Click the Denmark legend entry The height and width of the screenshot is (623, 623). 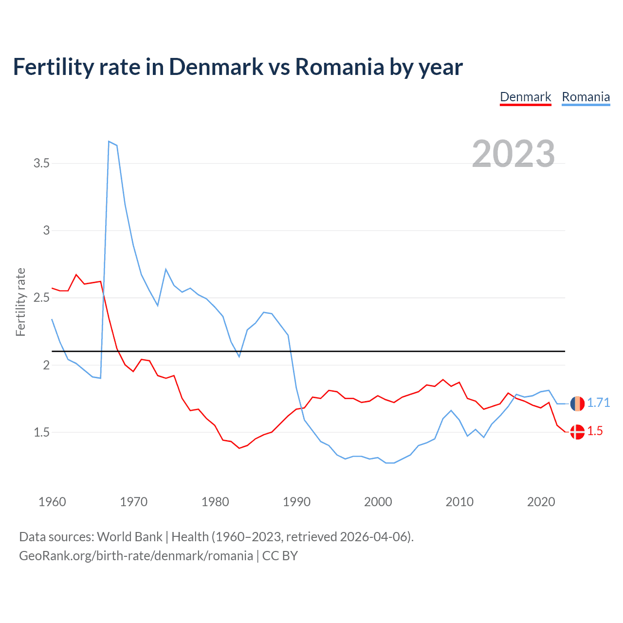526,97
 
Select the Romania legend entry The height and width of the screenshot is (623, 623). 586,97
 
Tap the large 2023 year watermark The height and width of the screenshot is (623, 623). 513,154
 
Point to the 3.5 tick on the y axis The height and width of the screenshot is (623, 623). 42,164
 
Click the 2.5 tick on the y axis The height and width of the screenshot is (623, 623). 42,298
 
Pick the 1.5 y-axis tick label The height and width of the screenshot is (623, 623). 42,432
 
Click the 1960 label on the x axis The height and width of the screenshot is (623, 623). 52,502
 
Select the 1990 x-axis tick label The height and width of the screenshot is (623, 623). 296,502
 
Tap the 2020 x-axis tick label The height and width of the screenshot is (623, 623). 541,502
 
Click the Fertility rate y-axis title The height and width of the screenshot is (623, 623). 20,302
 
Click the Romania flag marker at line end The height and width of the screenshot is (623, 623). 577,403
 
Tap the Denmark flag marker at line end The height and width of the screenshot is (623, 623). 577,432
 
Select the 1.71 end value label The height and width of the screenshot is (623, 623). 598,403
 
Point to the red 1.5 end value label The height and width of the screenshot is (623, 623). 595,431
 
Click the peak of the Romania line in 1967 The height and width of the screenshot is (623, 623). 109,142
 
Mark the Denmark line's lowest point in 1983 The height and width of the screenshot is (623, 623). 239,448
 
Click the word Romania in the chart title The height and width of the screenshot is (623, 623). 339,67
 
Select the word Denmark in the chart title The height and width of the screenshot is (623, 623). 216,67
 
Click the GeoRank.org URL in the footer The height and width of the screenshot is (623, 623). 136,556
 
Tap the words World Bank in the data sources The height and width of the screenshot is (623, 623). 129,537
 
